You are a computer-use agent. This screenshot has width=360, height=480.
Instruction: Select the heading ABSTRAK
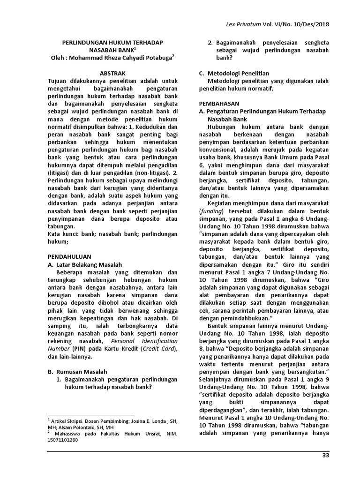113,73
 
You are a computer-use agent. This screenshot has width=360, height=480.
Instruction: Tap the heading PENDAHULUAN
70,256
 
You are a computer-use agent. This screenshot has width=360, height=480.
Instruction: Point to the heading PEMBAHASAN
219,103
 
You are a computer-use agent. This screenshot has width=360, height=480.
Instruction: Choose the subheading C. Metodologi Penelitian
234,74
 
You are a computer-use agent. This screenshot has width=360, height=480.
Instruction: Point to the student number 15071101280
63,441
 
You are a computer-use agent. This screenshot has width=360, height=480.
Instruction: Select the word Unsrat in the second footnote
145,434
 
